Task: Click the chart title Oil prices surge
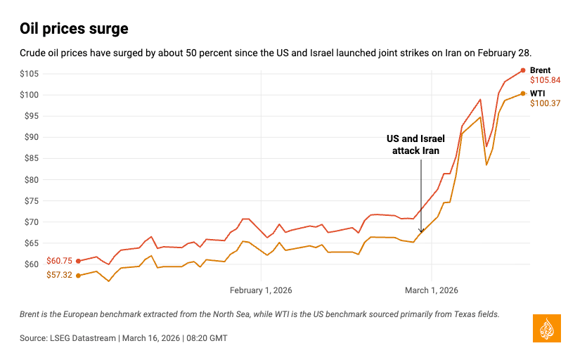[x=74, y=29]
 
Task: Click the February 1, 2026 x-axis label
[x=261, y=290]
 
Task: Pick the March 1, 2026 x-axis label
[x=432, y=290]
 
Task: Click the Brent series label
[x=540, y=70]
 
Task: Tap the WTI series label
[x=537, y=93]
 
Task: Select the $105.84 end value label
[x=545, y=81]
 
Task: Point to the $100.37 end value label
[x=545, y=103]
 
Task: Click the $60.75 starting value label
[x=59, y=261]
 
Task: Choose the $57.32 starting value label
[x=59, y=276]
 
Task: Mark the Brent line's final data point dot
[x=522, y=70]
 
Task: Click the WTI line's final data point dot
[x=522, y=93]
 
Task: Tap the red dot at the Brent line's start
[x=78, y=261]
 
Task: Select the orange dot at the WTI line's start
[x=78, y=276]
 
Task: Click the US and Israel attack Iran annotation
[x=415, y=145]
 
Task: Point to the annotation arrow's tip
[x=421, y=233]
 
